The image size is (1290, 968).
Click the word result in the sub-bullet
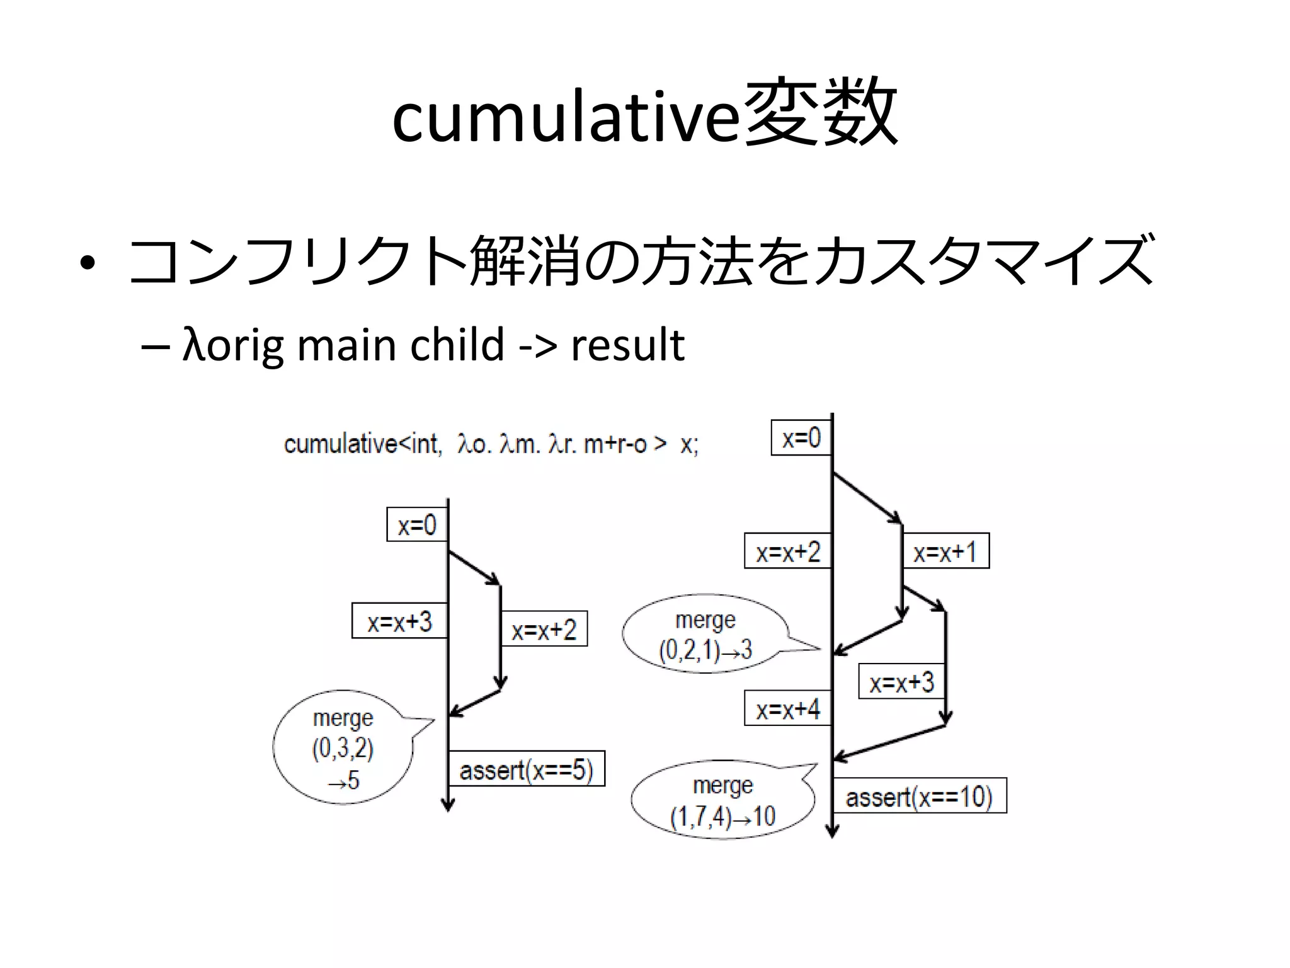pos(627,345)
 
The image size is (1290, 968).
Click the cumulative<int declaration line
pos(491,444)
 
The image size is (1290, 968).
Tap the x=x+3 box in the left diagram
pos(399,621)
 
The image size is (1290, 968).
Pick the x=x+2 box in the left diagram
pos(544,629)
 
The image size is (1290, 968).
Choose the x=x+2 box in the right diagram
pos(787,551)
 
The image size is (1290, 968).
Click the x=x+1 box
pos(945,551)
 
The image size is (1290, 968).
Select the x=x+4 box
pos(787,709)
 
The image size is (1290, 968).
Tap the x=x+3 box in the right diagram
pos(901,681)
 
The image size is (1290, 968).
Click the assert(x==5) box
pos(527,769)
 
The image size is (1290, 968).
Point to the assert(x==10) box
pos(919,797)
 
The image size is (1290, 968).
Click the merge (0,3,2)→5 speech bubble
pos(343,748)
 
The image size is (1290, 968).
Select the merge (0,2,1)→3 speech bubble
pos(705,634)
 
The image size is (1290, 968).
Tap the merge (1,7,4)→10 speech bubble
pos(722,800)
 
